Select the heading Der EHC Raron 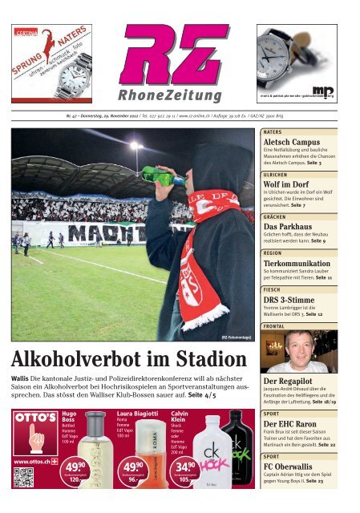[293, 423]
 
